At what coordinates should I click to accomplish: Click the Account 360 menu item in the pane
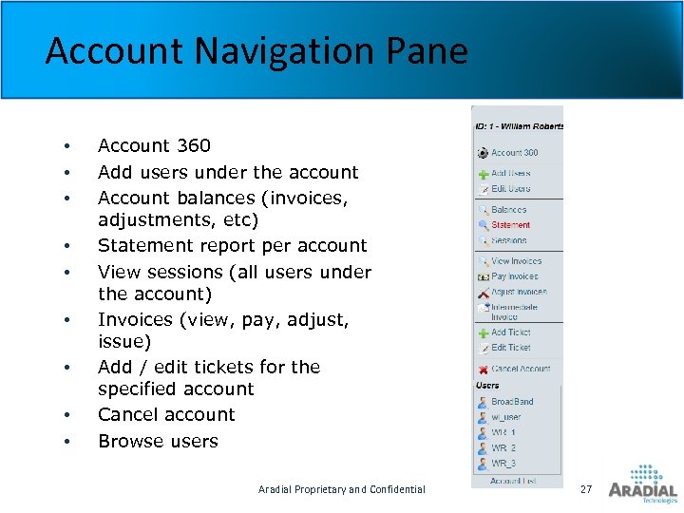coord(514,152)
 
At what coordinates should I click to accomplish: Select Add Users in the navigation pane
coord(511,174)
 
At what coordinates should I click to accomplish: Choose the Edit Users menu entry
coord(511,189)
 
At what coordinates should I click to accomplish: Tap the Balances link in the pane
coord(508,210)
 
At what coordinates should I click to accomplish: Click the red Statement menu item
coord(510,225)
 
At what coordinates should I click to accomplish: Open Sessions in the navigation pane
coord(509,240)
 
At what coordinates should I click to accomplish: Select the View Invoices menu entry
coord(516,261)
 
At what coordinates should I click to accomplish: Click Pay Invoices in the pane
coord(514,276)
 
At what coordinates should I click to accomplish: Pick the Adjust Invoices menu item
coord(519,292)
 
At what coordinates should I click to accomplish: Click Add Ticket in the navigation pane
coord(511,332)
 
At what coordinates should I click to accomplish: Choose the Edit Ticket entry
coord(511,348)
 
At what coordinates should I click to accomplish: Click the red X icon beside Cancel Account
coord(484,369)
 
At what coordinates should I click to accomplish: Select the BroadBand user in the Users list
coord(512,402)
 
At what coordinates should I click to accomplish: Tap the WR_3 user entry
coord(503,463)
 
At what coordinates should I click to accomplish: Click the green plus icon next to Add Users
coord(484,174)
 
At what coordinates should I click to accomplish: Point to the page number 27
coord(586,488)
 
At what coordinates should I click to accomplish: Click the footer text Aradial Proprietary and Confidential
coord(342,489)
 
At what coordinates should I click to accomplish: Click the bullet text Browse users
coord(158,441)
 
